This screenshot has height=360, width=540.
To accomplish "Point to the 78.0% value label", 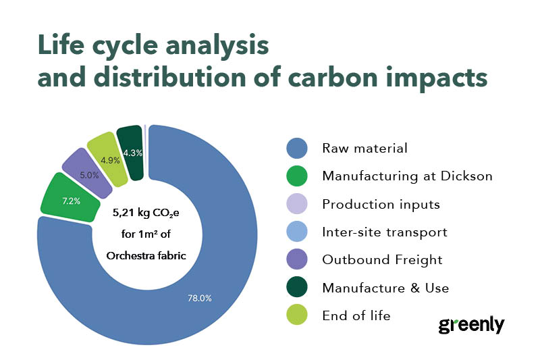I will coord(198,298).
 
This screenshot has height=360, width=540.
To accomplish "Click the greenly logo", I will coord(471,324).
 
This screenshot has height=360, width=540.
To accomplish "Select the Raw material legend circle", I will coord(296,148).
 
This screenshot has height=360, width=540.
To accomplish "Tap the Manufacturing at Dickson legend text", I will coord(407,176).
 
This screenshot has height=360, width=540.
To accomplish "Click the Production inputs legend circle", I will coord(296,204).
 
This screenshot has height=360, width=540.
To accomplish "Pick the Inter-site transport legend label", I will coord(385,232).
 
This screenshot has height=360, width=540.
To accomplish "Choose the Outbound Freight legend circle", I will coord(296,260).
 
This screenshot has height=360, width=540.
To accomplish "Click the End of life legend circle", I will coord(296,315).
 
